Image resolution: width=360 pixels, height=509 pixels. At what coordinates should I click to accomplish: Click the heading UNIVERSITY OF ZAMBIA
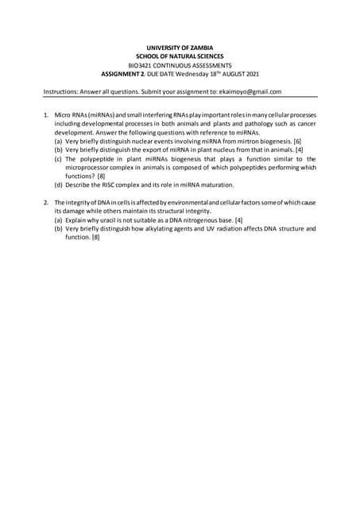[x=180, y=48]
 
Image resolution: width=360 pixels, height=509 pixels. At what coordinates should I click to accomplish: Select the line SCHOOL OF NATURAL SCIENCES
[x=180, y=56]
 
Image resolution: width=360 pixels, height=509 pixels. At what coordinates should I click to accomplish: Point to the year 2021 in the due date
[x=250, y=74]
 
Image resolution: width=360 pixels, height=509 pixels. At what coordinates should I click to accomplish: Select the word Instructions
[x=60, y=91]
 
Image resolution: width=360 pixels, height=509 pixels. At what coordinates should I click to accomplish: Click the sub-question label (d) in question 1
[x=58, y=184]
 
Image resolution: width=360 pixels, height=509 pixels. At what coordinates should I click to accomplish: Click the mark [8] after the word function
[x=95, y=237]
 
